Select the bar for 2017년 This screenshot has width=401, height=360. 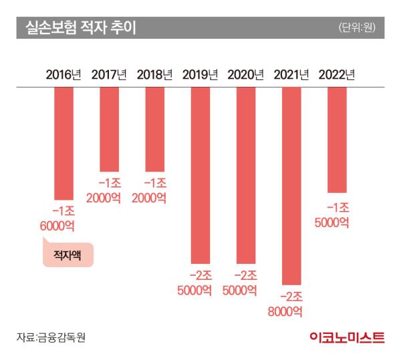coord(109,129)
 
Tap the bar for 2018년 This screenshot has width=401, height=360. coord(154,129)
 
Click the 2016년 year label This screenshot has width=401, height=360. coord(63,73)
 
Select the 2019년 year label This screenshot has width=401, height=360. coord(200,73)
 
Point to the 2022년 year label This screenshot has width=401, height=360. coord(336,73)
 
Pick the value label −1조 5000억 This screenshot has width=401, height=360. coord(336,214)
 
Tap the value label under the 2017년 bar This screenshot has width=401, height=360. coord(109,191)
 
